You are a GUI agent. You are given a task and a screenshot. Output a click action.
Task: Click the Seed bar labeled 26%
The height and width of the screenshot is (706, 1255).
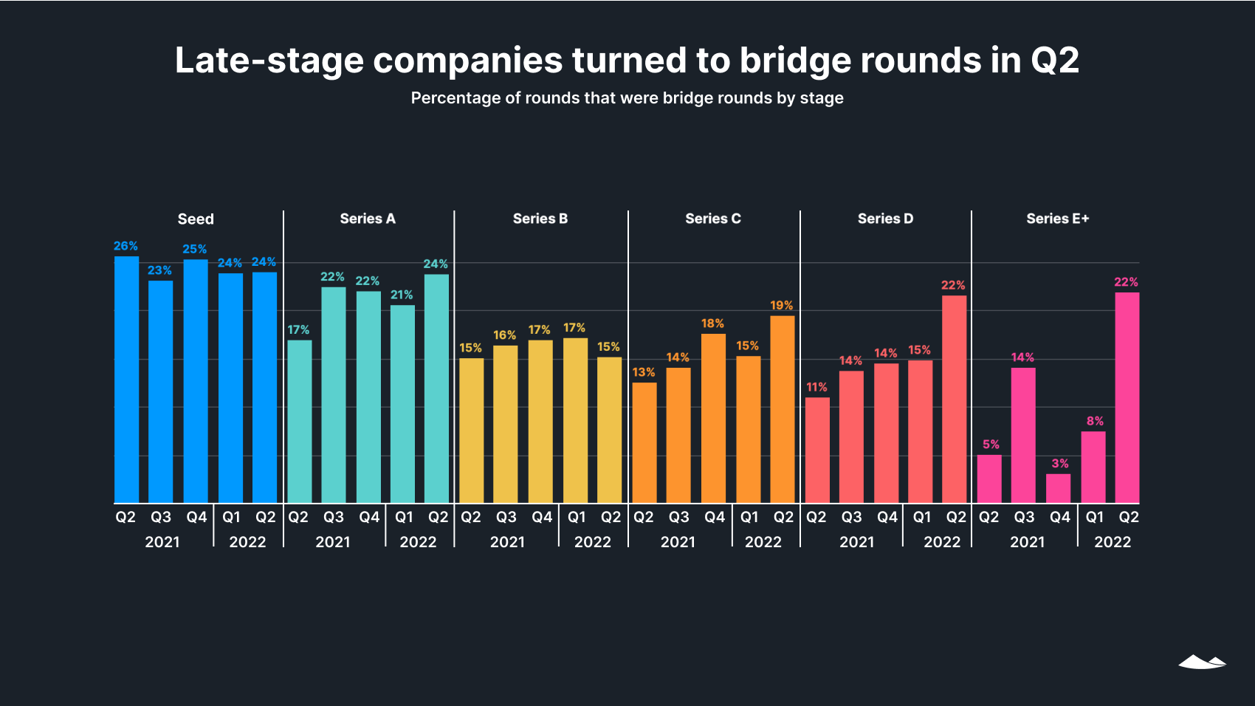(126, 380)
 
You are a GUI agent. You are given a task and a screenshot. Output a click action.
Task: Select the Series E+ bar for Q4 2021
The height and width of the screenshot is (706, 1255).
(1058, 488)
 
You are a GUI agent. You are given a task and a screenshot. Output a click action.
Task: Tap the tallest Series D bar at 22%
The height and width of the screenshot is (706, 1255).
(954, 399)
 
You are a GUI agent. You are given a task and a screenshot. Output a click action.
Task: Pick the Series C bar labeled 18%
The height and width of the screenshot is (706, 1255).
(713, 418)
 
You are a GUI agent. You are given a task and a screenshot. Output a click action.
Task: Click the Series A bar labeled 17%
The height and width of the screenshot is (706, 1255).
(299, 421)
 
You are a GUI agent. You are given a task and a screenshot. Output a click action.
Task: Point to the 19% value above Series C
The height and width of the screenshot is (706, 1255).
(781, 305)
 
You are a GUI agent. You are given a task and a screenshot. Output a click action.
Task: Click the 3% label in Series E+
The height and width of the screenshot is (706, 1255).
(1059, 463)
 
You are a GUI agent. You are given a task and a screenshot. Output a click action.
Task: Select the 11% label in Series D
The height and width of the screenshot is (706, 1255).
(816, 387)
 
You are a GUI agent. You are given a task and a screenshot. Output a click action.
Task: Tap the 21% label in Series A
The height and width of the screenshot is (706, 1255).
(402, 295)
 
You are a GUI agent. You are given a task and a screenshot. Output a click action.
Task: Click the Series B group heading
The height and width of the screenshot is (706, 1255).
(540, 219)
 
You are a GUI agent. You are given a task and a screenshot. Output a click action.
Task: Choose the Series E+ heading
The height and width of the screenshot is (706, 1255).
(1057, 219)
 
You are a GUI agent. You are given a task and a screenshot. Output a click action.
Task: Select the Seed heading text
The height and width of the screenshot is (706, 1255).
(196, 219)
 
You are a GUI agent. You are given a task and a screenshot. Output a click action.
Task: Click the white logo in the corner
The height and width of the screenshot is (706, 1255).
(1202, 662)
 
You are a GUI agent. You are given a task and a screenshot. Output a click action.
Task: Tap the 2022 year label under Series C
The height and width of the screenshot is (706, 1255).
(763, 542)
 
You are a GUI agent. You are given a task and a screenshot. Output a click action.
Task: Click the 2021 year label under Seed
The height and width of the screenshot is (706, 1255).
(162, 542)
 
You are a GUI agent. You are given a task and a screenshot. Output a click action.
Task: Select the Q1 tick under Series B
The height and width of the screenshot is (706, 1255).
(577, 517)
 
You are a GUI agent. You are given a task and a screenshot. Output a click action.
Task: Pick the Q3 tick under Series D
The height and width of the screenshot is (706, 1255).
(851, 517)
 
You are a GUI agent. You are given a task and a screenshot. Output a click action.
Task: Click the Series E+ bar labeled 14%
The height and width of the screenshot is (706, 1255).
(1022, 435)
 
